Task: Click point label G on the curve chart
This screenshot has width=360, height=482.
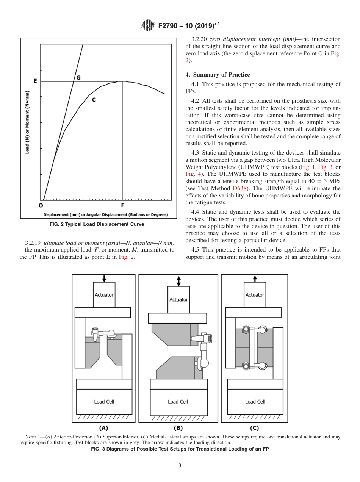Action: click(78, 77)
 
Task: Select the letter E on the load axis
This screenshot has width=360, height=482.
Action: click(35, 81)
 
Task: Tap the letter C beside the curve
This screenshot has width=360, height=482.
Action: click(94, 100)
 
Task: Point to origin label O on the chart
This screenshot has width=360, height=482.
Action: click(41, 205)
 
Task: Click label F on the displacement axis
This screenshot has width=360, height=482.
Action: click(122, 205)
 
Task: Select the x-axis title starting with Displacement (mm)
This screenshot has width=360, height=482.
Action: click(105, 215)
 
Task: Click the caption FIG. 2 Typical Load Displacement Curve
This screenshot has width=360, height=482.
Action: click(97, 224)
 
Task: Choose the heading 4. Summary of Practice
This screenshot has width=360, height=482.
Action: click(218, 75)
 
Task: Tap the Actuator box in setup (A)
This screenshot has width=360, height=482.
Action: click(104, 295)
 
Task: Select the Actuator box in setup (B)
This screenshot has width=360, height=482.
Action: click(178, 299)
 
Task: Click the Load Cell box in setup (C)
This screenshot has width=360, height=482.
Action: click(255, 402)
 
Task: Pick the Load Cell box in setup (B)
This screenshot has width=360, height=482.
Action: click(178, 402)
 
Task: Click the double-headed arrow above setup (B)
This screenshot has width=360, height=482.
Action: click(178, 281)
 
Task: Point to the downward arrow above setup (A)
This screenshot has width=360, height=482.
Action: click(104, 278)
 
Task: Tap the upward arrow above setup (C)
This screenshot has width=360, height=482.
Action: click(255, 279)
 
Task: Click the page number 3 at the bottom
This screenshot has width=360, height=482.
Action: click(180, 466)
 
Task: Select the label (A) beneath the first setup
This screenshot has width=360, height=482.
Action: click(103, 428)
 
